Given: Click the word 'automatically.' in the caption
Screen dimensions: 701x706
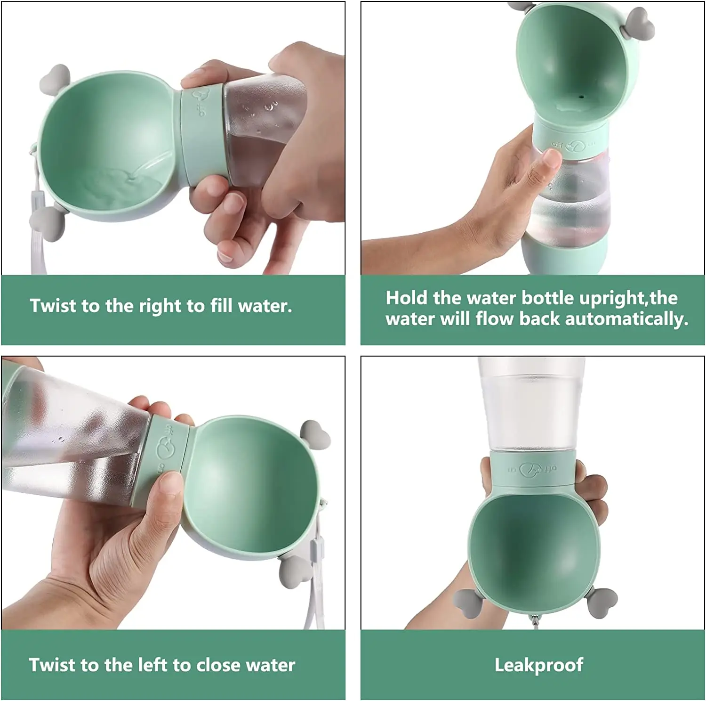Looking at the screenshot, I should point(626,319).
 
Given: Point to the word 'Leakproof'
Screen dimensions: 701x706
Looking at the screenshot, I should point(538,665).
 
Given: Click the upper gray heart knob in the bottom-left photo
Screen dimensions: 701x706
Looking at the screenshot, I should point(314,433).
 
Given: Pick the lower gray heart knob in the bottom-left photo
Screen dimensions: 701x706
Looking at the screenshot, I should point(293,570).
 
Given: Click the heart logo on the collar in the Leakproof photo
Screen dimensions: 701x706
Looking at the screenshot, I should point(534,469).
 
